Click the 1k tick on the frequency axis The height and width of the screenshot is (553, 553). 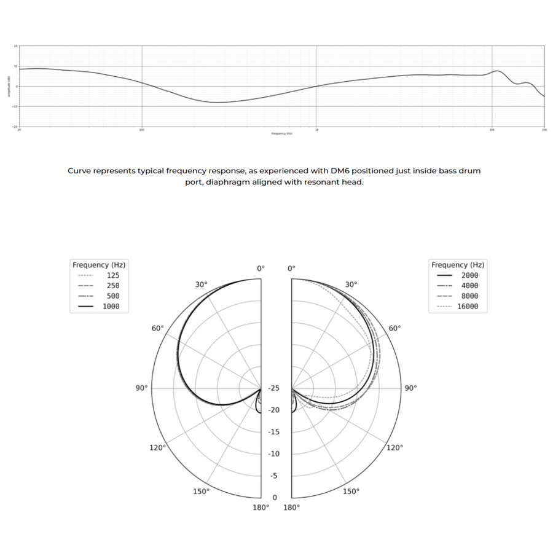pyautogui.click(x=316, y=130)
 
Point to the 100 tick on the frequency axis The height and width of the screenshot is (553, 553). pyautogui.click(x=142, y=130)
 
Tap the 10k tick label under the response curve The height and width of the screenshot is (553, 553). pyautogui.click(x=492, y=130)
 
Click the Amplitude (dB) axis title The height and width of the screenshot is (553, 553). pyautogui.click(x=9, y=86)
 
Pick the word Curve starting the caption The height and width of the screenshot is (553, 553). pyautogui.click(x=79, y=171)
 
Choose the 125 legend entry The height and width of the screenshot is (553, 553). pyautogui.click(x=113, y=276)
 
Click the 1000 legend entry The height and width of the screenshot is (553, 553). pyautogui.click(x=111, y=306)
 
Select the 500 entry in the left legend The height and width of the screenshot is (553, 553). pyautogui.click(x=113, y=296)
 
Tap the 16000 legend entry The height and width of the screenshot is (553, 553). pyautogui.click(x=468, y=306)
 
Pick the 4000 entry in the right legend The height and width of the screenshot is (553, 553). pyautogui.click(x=469, y=286)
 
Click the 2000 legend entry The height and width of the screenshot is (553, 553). pyautogui.click(x=469, y=275)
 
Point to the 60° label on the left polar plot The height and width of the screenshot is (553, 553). pyautogui.click(x=158, y=329)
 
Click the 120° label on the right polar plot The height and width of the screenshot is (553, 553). pyautogui.click(x=395, y=447)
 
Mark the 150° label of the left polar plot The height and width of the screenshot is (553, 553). pyautogui.click(x=201, y=492)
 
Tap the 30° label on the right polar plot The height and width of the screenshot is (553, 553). pyautogui.click(x=351, y=284)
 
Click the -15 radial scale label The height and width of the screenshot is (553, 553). pyautogui.click(x=274, y=432)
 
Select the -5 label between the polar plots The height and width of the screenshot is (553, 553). pyautogui.click(x=274, y=476)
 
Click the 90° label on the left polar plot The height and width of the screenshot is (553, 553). pyautogui.click(x=142, y=388)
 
